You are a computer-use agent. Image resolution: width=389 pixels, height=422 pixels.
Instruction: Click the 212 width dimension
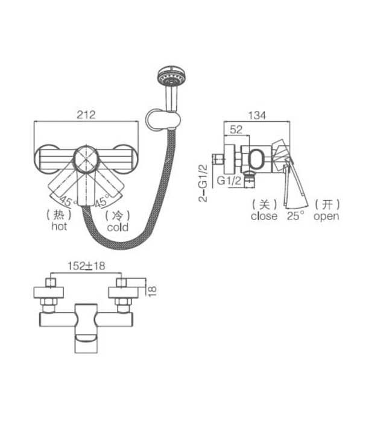(87, 114)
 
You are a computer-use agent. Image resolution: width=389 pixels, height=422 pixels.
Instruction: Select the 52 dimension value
(236, 129)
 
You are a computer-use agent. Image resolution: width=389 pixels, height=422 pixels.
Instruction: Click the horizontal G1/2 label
(229, 181)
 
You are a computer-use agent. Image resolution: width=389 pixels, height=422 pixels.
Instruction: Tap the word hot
(59, 227)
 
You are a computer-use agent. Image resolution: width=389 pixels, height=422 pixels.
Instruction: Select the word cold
(118, 227)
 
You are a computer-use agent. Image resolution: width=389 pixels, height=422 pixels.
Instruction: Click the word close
(264, 216)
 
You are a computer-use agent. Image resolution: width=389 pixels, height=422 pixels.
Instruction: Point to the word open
(326, 216)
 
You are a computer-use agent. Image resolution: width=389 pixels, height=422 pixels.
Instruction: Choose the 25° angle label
(295, 216)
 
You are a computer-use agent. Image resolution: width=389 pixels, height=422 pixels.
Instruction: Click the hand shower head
(169, 78)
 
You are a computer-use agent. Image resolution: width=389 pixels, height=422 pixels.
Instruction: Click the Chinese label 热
(59, 215)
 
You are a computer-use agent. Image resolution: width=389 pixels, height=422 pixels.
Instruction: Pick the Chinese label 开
(326, 204)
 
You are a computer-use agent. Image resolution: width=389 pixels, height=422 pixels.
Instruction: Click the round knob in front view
(85, 160)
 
